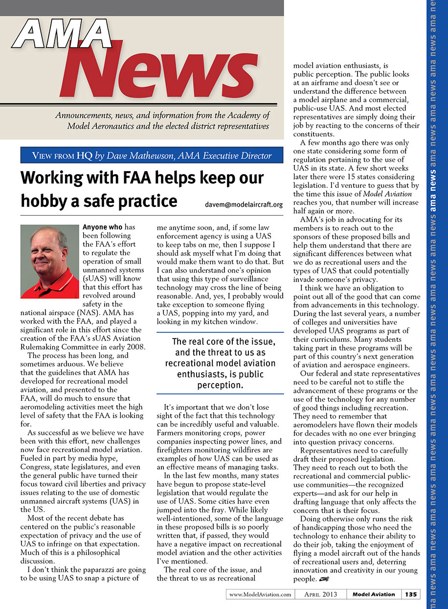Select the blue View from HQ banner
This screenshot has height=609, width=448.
point(152,156)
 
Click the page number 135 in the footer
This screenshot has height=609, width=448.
point(411,594)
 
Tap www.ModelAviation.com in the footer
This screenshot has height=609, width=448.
point(260,594)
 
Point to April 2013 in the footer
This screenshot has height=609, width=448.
point(320,594)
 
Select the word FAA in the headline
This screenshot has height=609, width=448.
point(129,178)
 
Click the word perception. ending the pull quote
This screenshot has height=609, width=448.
point(220,385)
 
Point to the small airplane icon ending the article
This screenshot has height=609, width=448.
point(323,580)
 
